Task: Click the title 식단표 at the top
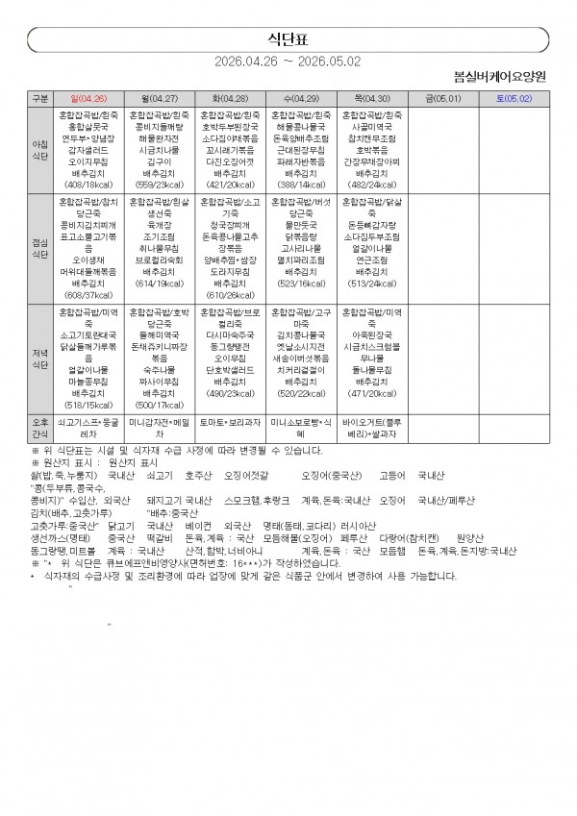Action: pyautogui.click(x=289, y=37)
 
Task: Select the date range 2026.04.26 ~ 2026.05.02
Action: pyautogui.click(x=288, y=60)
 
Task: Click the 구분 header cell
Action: pyautogui.click(x=40, y=98)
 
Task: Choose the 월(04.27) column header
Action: pyautogui.click(x=160, y=98)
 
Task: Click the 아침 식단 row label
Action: pyautogui.click(x=40, y=149)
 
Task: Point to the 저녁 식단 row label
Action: pyautogui.click(x=40, y=359)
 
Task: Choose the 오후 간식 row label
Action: pyautogui.click(x=40, y=427)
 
